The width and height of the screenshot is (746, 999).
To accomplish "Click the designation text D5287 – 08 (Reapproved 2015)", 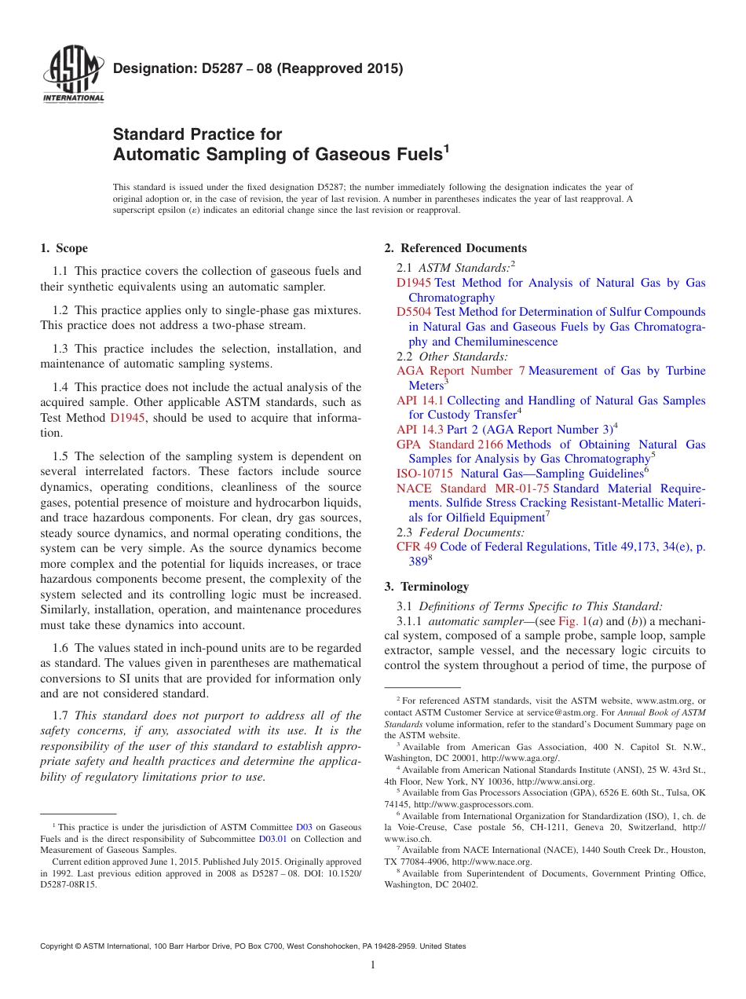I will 258,68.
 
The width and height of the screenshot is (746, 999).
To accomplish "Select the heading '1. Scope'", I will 64,248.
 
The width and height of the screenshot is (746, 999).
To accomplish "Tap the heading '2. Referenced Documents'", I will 455,248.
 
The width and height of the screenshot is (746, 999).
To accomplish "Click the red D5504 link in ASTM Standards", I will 414,312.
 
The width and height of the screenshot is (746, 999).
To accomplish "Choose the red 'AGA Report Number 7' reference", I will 460,371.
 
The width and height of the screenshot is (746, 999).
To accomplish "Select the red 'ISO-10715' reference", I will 425,474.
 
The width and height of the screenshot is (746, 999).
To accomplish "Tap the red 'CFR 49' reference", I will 416,547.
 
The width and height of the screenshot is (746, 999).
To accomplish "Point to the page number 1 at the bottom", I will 373,964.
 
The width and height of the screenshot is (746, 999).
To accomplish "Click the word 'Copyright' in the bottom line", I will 60,946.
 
